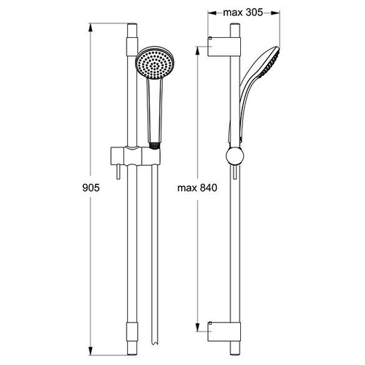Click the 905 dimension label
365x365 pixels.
pyautogui.click(x=91, y=188)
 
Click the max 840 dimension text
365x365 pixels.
pyautogui.click(x=197, y=188)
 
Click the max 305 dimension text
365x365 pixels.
pyautogui.click(x=243, y=12)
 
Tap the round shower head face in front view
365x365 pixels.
pyautogui.click(x=154, y=63)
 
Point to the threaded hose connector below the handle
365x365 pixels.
pyautogui.click(x=154, y=145)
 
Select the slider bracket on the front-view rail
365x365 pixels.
pyautogui.click(x=135, y=155)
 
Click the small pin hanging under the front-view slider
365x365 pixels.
pyautogui.click(x=118, y=172)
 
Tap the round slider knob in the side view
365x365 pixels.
pyautogui.click(x=234, y=156)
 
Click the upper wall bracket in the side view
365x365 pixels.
pyautogui.click(x=224, y=46)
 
